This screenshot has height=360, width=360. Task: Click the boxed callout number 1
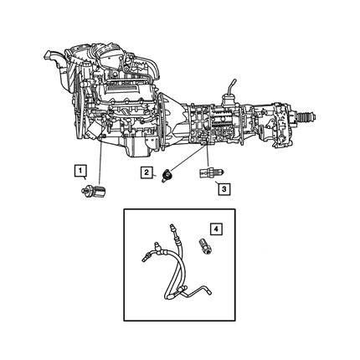pos(80,170)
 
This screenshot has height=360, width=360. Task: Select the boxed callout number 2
pos(147,172)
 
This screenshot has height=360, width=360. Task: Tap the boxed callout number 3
pos(224,189)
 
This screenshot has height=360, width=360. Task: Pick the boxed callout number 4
pos(216,229)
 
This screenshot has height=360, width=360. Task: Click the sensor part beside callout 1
pos(94,192)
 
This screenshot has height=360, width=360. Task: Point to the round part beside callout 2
pos(167,176)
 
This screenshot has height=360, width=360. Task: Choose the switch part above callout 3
pos(210,173)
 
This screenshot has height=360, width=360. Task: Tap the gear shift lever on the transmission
pos(230,90)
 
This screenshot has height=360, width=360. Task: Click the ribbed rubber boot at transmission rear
pos(306,116)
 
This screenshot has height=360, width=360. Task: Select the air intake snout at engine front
pos(55,63)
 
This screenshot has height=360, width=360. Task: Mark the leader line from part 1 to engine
pos(100,162)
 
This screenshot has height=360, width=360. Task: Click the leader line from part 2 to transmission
pos(187,157)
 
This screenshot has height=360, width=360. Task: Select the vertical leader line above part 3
pos(208,154)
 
